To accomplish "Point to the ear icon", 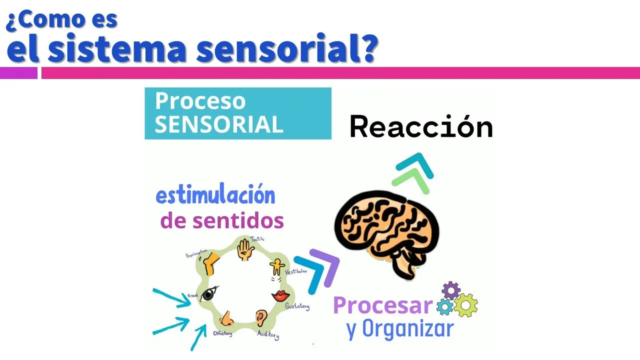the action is click(x=260, y=317).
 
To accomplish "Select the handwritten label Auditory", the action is click(x=268, y=334).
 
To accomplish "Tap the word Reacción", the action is click(x=421, y=127).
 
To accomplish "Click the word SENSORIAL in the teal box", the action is click(x=218, y=124).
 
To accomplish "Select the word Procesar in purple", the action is click(x=382, y=305).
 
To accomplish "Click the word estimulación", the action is click(x=215, y=195).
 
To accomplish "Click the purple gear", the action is click(x=451, y=290).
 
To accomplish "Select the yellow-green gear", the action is click(x=465, y=305).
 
